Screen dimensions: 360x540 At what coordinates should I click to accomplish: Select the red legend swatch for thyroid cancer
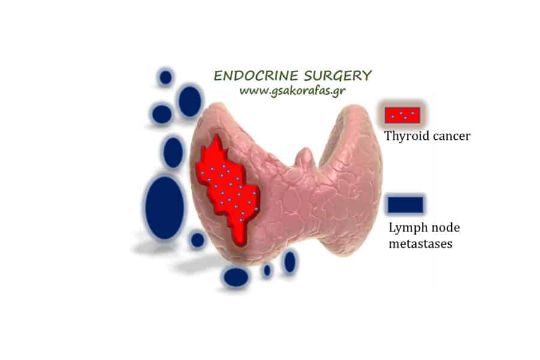point(402,114)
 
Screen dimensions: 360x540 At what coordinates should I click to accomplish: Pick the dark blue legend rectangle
point(406,205)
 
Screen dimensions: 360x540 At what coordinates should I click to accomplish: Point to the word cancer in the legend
point(449,136)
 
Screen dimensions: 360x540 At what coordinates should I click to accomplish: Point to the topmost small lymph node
point(166,77)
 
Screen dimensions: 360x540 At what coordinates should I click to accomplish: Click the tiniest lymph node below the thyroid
point(267,271)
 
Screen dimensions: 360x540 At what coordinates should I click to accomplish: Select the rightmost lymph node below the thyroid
point(290,262)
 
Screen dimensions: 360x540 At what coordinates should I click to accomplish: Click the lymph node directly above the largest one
point(173,152)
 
